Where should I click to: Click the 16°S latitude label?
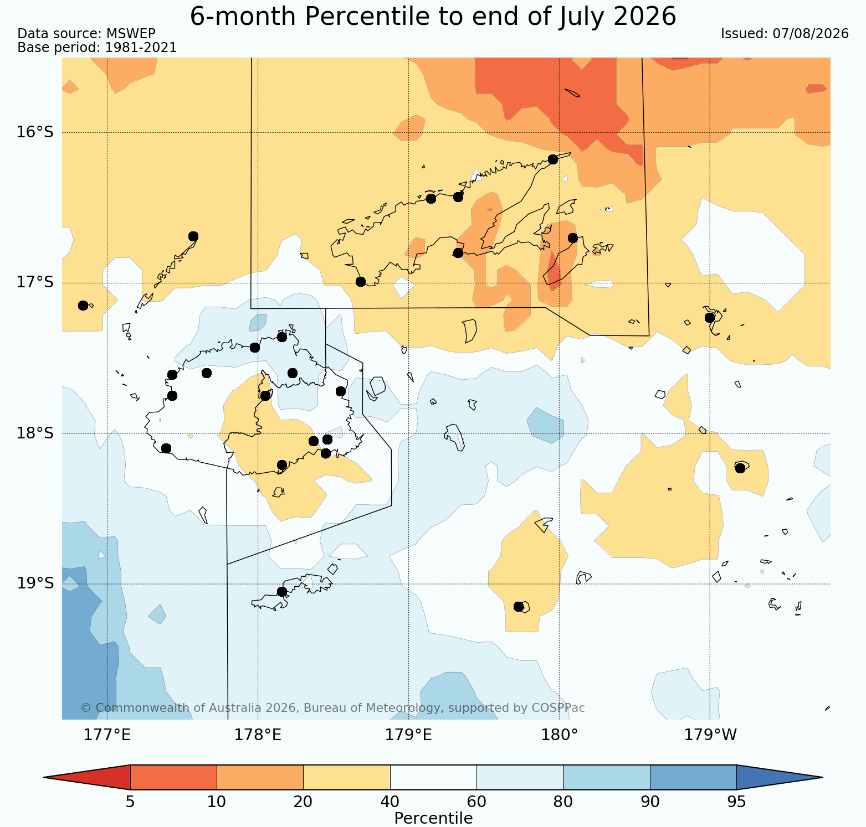coord(35,132)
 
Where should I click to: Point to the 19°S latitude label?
coord(35,583)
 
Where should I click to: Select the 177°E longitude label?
coord(107,735)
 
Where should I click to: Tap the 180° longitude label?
coord(559,735)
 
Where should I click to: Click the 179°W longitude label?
coord(710,735)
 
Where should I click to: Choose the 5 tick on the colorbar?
coord(130,802)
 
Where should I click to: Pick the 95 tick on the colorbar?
coord(736,802)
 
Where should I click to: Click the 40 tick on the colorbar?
coord(390,802)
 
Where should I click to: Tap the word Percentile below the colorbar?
coord(433,818)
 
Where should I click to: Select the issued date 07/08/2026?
coord(811,34)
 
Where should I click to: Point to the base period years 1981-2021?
coord(141,48)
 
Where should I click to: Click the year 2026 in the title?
coord(645,16)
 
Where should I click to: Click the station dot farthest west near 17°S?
coord(83,306)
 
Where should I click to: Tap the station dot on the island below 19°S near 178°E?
coord(281,592)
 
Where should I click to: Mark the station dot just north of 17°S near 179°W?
coord(710,318)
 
